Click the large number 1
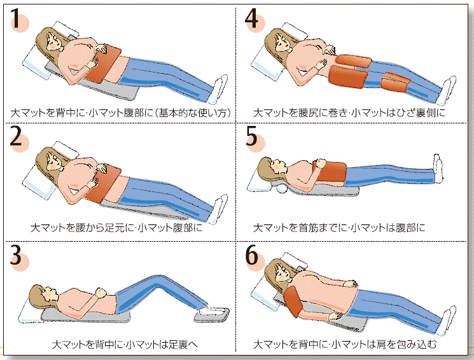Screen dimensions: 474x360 16,18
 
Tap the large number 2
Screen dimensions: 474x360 15,137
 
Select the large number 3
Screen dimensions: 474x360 16,255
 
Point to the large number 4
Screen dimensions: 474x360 251,18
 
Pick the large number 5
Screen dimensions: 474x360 251,136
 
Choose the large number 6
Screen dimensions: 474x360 252,254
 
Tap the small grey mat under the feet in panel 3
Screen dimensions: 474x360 211,315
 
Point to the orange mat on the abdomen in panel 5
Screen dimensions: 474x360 331,172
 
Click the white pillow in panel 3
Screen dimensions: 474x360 30,308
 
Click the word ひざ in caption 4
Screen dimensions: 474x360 407,113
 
